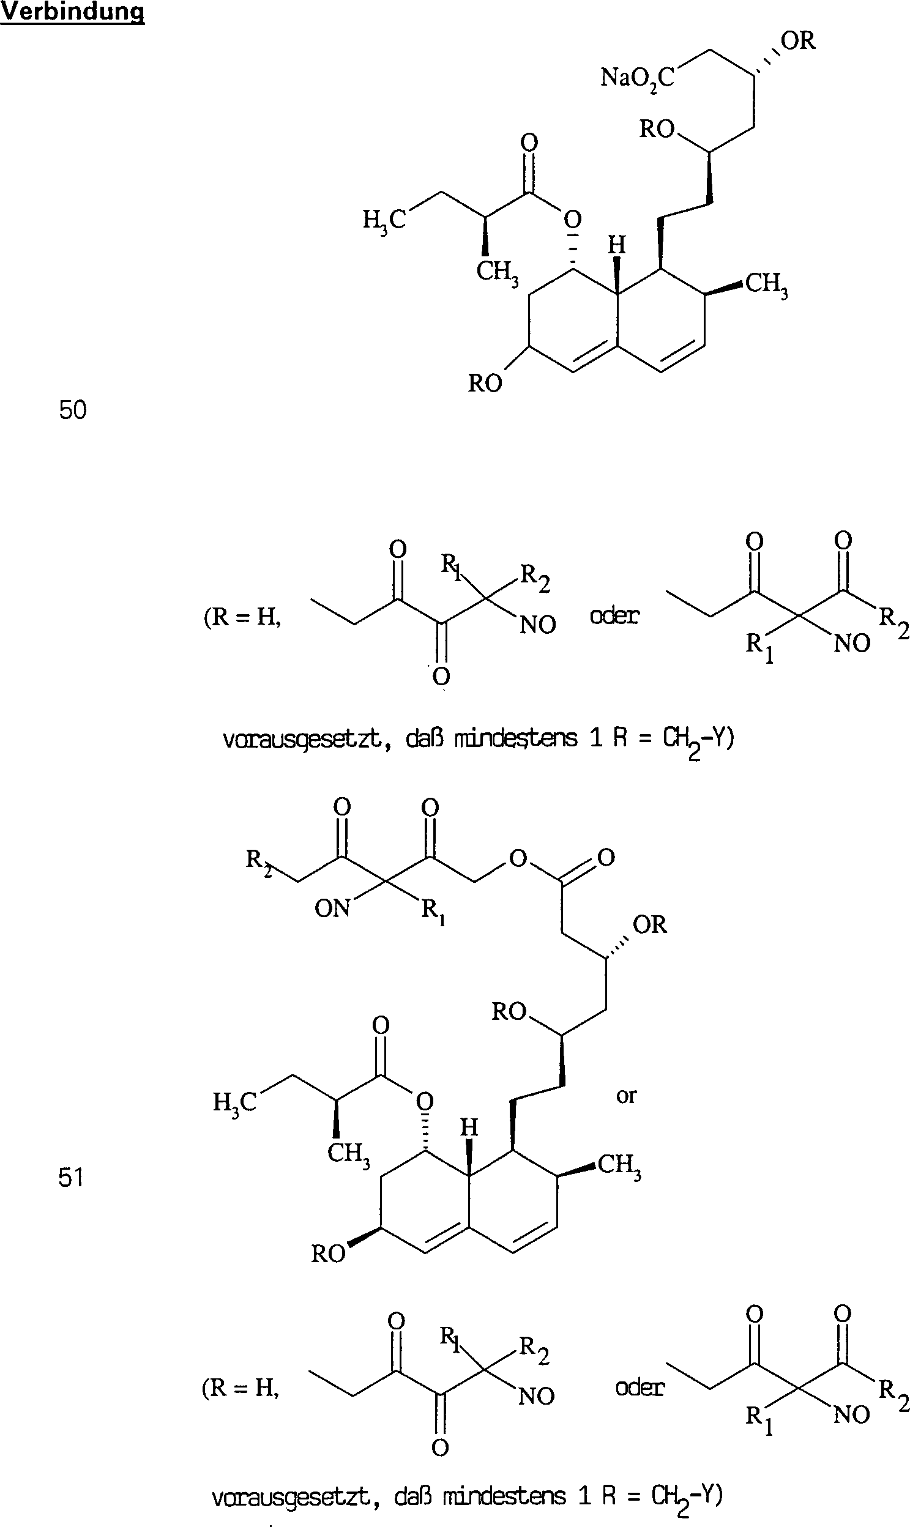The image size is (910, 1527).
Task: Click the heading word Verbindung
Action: point(72,12)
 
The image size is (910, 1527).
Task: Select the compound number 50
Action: point(73,410)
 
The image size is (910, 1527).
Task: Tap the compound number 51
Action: point(71,1178)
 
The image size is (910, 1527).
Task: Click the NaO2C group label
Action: point(637,78)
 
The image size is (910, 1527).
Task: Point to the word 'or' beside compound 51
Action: point(627,1096)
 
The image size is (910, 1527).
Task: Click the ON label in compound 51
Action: point(332,908)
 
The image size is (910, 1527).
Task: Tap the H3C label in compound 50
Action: point(384,220)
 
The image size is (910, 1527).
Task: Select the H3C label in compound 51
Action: point(234,1103)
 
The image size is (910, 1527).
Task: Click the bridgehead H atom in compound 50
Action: point(617,245)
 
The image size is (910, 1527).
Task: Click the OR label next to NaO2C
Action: point(798,41)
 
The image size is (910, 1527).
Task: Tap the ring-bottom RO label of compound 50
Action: point(485,384)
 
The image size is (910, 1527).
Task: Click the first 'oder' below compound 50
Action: point(614,615)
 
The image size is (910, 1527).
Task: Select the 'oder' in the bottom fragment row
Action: point(640,1388)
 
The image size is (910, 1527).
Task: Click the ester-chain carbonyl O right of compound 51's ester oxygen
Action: point(606,857)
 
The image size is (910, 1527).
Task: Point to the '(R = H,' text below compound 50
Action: point(243,617)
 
